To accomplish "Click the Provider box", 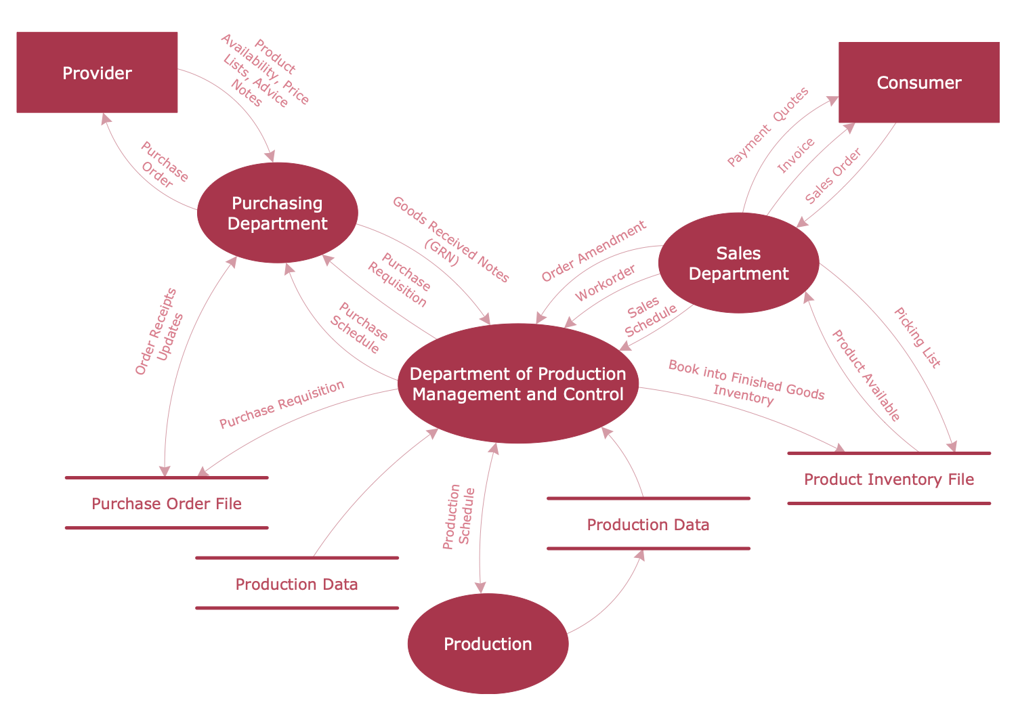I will pos(97,72).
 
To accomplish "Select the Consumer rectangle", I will pos(918,83).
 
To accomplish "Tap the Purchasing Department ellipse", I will pos(277,213).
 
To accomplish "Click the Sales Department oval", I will pos(738,263).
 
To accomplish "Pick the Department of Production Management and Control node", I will pos(518,384).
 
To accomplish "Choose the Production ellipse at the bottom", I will pos(488,643).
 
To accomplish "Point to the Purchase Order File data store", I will pos(167,503).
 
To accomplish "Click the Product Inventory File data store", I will pos(889,479).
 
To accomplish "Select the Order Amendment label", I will pos(594,251).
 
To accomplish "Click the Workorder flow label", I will pos(606,283).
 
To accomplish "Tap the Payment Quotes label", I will pos(767,127).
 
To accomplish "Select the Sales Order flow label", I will pos(832,176).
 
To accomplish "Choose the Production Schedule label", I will pos(459,517).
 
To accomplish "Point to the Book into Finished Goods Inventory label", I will pos(746,383).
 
